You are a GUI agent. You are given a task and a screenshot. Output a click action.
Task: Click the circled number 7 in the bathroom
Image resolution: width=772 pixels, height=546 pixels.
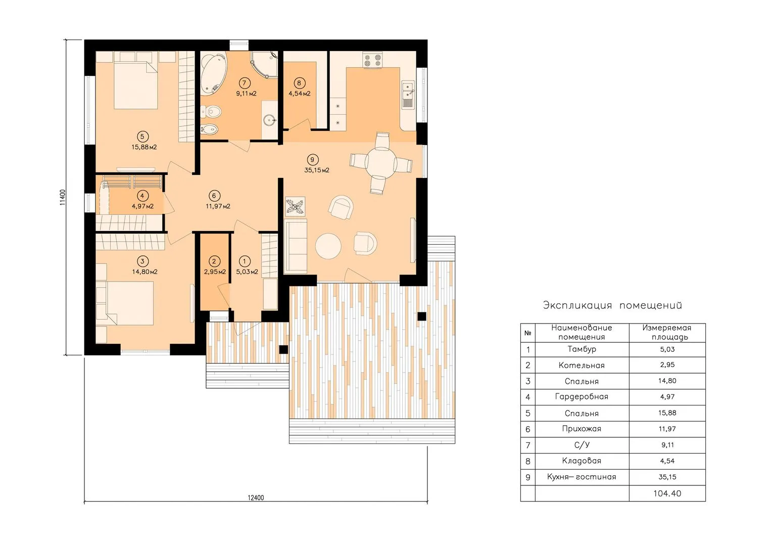click(x=245, y=83)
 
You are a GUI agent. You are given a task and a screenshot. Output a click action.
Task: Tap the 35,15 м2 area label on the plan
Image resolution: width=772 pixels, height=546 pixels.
click(x=317, y=170)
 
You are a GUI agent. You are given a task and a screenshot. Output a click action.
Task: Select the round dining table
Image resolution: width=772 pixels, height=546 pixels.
click(x=381, y=163)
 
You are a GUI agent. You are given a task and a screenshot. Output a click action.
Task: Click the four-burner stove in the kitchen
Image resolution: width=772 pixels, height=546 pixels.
click(x=372, y=60)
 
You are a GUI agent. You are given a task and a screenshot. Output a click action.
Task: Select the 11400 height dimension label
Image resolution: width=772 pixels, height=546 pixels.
click(x=62, y=197)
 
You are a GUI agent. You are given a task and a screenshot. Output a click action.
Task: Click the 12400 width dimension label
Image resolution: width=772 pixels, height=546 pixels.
click(x=256, y=497)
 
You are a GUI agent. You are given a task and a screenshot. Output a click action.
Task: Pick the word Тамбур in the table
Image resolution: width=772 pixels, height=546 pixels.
click(x=582, y=349)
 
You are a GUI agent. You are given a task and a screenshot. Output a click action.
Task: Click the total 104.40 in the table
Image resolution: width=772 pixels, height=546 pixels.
click(x=667, y=493)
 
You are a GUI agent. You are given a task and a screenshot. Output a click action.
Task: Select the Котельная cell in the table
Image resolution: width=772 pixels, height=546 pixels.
click(x=582, y=366)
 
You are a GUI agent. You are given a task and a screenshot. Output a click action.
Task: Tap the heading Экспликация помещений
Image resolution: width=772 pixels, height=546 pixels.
click(x=612, y=305)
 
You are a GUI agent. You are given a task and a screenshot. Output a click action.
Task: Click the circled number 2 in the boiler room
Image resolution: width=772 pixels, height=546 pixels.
click(x=214, y=261)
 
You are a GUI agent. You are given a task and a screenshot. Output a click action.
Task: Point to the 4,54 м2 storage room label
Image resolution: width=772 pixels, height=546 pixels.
click(x=300, y=94)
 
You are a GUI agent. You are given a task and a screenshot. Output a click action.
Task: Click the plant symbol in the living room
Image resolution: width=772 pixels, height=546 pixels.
click(x=296, y=207)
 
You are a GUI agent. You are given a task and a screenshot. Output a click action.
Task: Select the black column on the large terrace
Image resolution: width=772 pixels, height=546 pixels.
click(x=422, y=316)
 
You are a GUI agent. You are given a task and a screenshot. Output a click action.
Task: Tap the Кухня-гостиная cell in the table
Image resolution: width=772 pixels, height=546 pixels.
click(x=582, y=477)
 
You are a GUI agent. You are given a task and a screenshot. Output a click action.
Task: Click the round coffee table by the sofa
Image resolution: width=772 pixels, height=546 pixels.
click(x=328, y=246)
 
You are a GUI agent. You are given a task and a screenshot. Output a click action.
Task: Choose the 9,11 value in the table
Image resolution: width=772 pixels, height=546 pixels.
click(x=667, y=445)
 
